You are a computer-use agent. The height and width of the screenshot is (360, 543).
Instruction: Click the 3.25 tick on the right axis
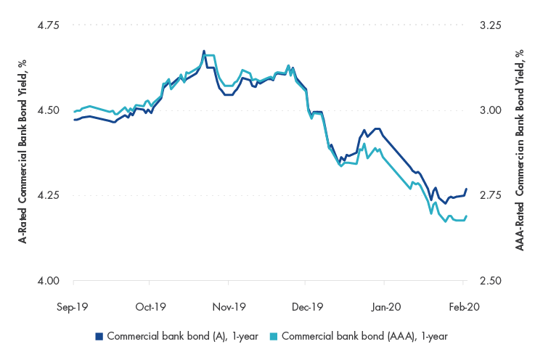[x=491, y=25]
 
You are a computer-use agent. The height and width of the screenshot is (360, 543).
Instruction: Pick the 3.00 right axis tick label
[x=491, y=110]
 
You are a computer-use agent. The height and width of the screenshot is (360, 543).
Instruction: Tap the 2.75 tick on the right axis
[x=491, y=195]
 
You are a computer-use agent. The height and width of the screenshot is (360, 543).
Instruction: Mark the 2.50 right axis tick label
[x=491, y=281]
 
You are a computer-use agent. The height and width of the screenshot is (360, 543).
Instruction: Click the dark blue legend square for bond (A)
[x=99, y=336]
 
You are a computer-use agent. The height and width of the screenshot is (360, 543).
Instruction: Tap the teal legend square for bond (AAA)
[x=273, y=336]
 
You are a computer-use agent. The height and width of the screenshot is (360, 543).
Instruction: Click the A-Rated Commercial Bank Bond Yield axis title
[x=23, y=153]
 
